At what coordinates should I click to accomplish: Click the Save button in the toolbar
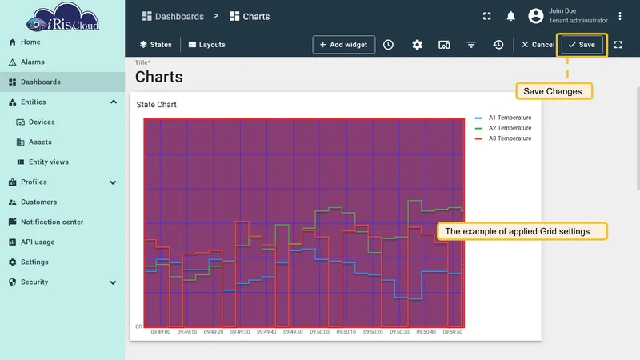(x=582, y=45)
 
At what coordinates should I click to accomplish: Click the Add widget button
(x=344, y=45)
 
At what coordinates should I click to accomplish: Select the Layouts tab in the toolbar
(x=207, y=45)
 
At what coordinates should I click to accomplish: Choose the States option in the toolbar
(x=155, y=45)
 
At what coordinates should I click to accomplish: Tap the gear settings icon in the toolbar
(x=417, y=45)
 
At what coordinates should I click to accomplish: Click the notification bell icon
(x=510, y=16)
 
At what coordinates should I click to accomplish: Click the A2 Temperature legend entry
(x=503, y=128)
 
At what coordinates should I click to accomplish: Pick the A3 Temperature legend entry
(x=503, y=138)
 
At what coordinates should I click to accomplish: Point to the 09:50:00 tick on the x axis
(x=319, y=332)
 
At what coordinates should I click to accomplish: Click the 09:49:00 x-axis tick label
(x=161, y=332)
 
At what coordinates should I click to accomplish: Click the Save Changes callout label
(x=554, y=91)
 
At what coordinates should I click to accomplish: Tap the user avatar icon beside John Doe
(x=536, y=16)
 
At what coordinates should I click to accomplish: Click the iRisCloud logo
(x=62, y=18)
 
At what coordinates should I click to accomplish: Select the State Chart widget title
(x=156, y=105)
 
